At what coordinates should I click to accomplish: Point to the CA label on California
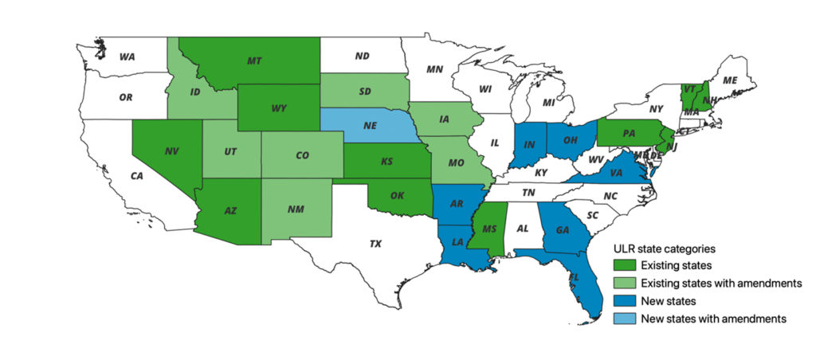[x=136, y=175]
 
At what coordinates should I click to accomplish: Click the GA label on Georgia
[x=563, y=228]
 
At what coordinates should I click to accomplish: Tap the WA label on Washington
[x=127, y=57]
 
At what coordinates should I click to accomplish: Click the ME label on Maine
[x=728, y=80]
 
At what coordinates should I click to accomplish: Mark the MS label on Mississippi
[x=489, y=229]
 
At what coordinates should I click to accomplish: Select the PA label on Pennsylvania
[x=629, y=133]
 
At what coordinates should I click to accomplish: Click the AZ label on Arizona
[x=230, y=211]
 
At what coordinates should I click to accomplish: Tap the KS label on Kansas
[x=386, y=161]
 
